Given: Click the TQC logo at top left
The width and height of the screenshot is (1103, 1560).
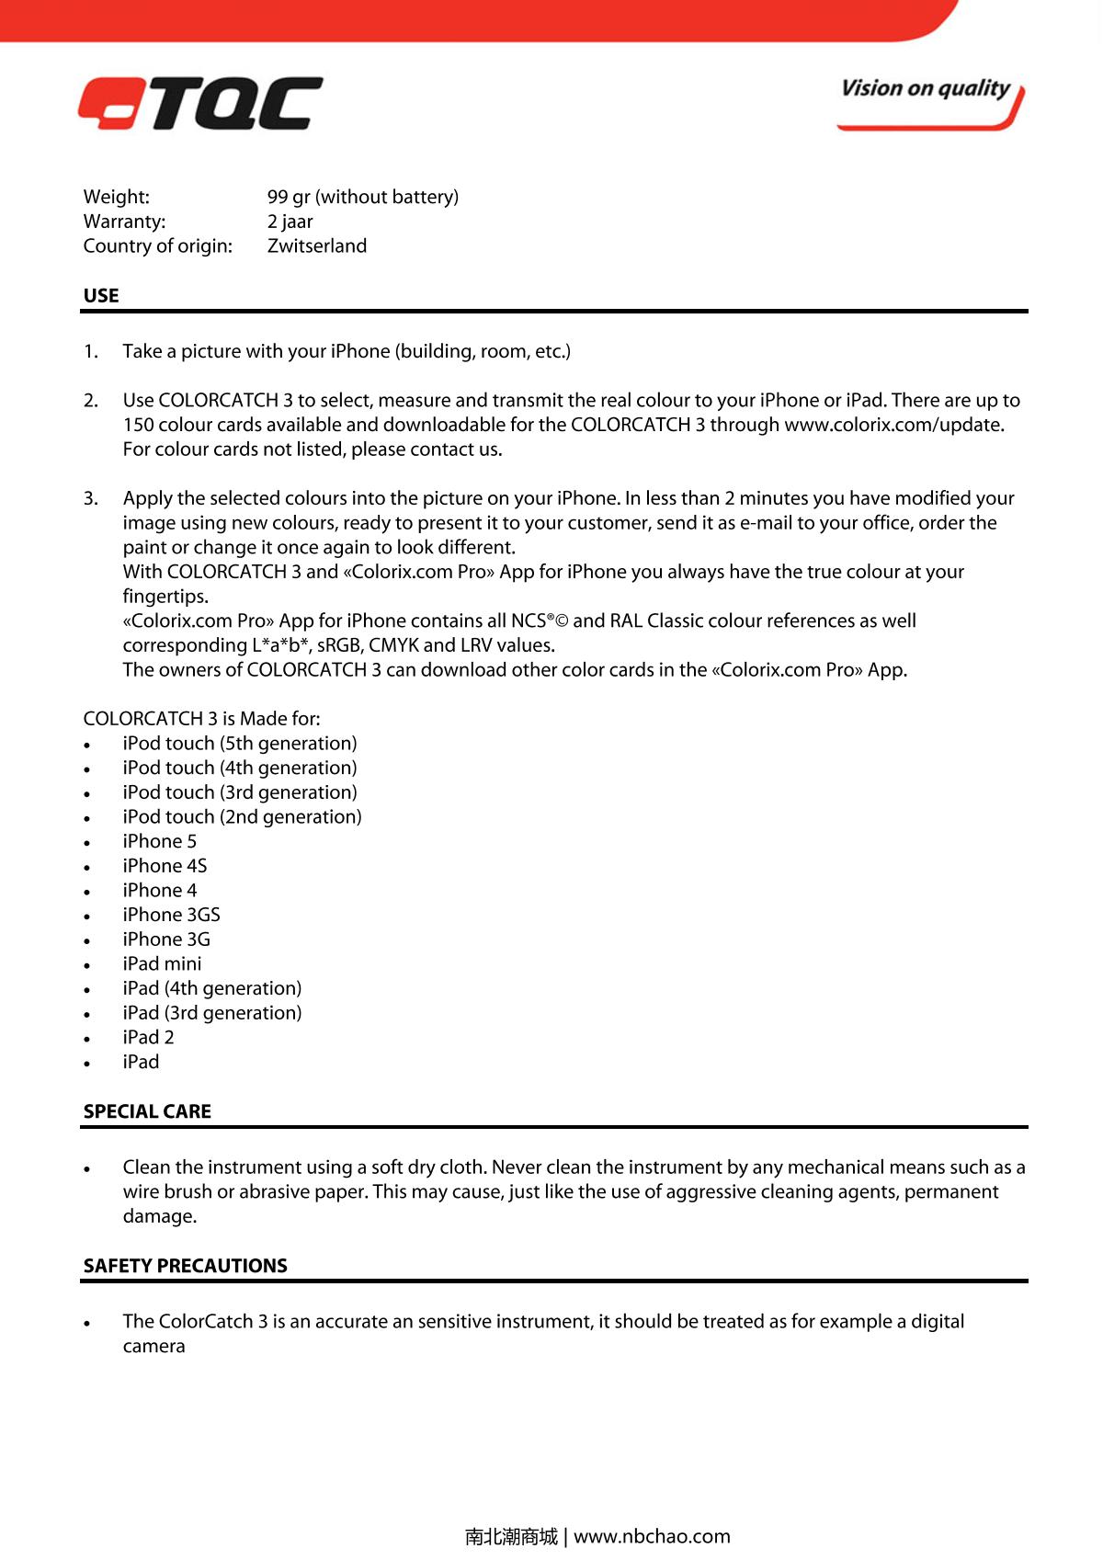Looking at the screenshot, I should [x=200, y=103].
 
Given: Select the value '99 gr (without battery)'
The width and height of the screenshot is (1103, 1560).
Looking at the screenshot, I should [x=363, y=197].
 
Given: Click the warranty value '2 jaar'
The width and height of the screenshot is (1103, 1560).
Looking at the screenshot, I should [x=290, y=222].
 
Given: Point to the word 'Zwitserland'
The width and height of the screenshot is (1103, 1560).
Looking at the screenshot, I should [x=317, y=246].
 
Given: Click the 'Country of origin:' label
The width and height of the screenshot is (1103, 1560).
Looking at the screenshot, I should [x=158, y=246].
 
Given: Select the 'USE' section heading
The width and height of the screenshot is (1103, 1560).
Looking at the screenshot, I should [x=101, y=296].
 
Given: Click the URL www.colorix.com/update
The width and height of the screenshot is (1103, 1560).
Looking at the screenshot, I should [x=893, y=425].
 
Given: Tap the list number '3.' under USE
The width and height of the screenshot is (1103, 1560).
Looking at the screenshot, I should [x=91, y=498].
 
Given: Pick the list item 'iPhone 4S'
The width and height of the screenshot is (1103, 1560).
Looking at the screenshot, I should [x=165, y=866].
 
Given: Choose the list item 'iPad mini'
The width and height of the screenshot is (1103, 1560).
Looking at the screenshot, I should [x=163, y=964].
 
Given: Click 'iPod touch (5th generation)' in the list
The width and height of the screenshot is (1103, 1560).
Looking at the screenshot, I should [x=240, y=744].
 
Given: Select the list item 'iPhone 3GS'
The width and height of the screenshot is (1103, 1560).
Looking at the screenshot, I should [x=172, y=915].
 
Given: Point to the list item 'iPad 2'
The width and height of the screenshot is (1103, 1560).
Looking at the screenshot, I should [x=149, y=1038].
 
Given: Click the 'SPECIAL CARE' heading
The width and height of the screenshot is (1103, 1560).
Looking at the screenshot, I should [x=147, y=1111].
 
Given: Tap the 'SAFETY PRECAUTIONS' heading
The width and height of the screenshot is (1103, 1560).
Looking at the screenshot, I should [x=186, y=1266].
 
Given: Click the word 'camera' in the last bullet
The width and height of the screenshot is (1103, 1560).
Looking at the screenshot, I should [x=154, y=1346].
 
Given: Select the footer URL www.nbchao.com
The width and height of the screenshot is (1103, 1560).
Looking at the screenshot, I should [x=652, y=1536].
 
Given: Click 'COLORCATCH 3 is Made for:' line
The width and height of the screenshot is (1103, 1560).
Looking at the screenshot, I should [x=202, y=719].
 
